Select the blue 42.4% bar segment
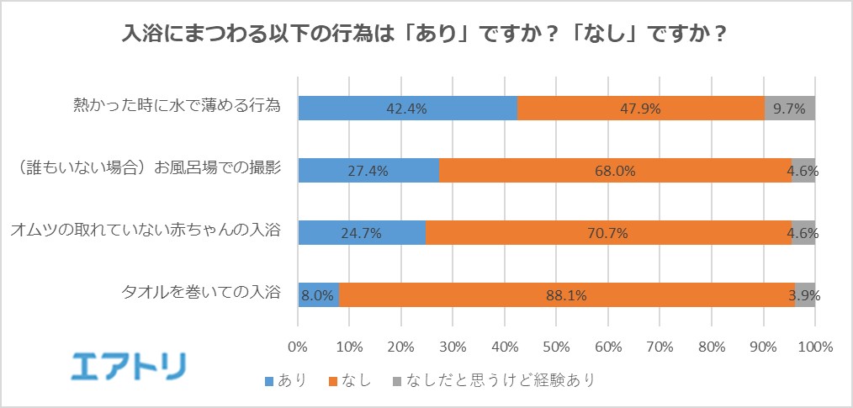click(408, 108)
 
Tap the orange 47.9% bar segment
click(640, 108)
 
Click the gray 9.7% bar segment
click(790, 108)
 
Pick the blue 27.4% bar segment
click(368, 170)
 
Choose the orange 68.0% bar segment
click(615, 170)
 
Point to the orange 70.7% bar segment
click(608, 232)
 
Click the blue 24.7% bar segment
click(362, 232)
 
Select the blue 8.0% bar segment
click(319, 294)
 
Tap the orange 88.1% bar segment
click(567, 294)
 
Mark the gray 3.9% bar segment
click(805, 294)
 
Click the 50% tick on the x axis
click(556, 346)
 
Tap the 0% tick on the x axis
click(298, 346)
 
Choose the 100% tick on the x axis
click(814, 346)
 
